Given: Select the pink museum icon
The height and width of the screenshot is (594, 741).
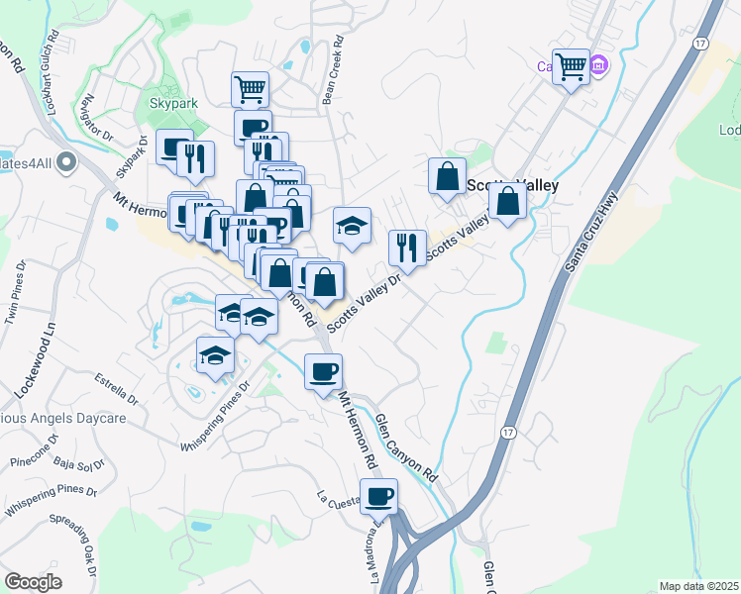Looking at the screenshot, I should [x=598, y=66].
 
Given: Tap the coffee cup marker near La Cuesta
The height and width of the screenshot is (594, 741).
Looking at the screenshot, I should [x=377, y=496].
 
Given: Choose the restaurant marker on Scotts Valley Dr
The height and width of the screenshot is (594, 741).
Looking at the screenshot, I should [x=407, y=247].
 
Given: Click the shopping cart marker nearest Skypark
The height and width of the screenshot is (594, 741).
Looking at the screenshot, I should [x=250, y=88].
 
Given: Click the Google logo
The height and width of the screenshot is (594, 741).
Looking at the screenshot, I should [x=33, y=582].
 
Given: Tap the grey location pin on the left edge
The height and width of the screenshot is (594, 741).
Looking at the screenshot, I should [x=66, y=160].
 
